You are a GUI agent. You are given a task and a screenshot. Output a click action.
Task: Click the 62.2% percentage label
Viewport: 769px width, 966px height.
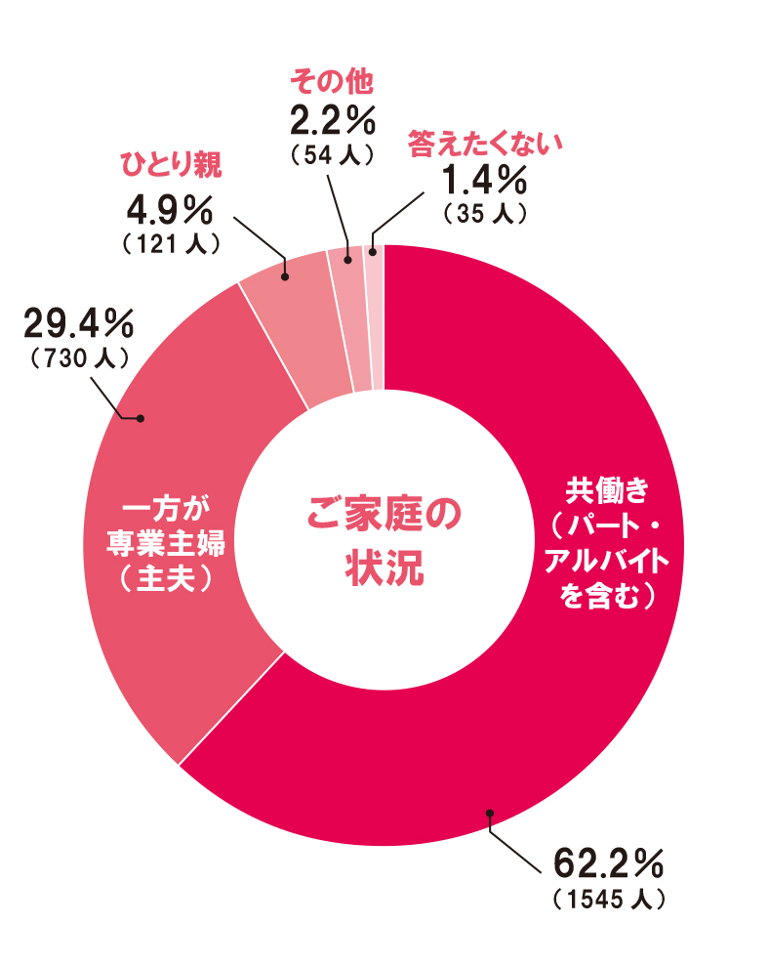(608, 864)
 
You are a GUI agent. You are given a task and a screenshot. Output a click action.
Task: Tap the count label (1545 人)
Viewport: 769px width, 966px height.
(608, 899)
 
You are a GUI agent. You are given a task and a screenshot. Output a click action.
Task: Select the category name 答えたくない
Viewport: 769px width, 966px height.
(486, 143)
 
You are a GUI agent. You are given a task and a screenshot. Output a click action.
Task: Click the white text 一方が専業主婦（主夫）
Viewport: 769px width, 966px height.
(166, 543)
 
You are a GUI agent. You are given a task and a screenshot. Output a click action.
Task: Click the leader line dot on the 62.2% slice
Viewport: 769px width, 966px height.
(489, 813)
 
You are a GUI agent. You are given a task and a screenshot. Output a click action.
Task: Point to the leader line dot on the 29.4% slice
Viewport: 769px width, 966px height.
(141, 418)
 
